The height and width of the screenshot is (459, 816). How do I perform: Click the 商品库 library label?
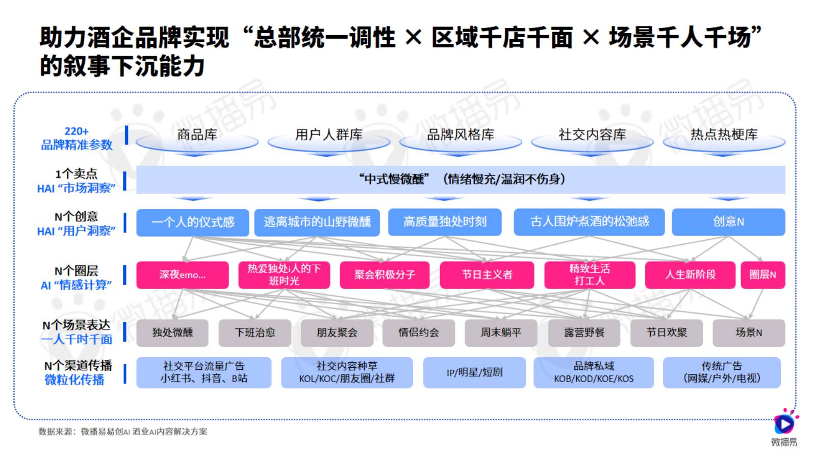pyautogui.click(x=197, y=135)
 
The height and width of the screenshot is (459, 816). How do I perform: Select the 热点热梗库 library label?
pyautogui.click(x=724, y=135)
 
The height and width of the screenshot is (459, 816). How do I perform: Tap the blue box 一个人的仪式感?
pyautogui.click(x=193, y=222)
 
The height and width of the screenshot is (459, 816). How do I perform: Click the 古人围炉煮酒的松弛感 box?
pyautogui.click(x=589, y=222)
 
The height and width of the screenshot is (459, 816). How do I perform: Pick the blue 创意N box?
pyautogui.click(x=729, y=222)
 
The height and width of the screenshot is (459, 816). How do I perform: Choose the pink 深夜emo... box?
pyautogui.click(x=183, y=275)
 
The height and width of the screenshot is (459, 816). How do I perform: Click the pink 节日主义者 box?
pyautogui.click(x=487, y=275)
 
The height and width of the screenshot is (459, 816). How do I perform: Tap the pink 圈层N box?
pyautogui.click(x=763, y=275)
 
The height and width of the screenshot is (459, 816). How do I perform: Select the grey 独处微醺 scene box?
pyautogui.click(x=172, y=333)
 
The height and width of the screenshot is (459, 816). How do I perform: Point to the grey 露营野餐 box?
pyautogui.click(x=584, y=333)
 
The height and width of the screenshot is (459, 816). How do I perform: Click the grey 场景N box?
pyautogui.click(x=749, y=333)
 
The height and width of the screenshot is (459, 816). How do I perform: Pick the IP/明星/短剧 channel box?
pyautogui.click(x=474, y=372)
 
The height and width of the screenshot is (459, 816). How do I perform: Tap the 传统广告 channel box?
pyautogui.click(x=722, y=372)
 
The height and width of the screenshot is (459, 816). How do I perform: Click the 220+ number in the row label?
pyautogui.click(x=76, y=132)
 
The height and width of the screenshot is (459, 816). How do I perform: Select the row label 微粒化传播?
pyautogui.click(x=74, y=379)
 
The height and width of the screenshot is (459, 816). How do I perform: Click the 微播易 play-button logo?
pyautogui.click(x=784, y=423)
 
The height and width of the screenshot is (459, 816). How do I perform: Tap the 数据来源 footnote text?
pyautogui.click(x=123, y=431)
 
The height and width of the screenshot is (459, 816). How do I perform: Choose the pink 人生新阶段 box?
pyautogui.click(x=691, y=275)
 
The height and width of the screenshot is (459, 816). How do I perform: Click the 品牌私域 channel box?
pyautogui.click(x=594, y=372)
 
